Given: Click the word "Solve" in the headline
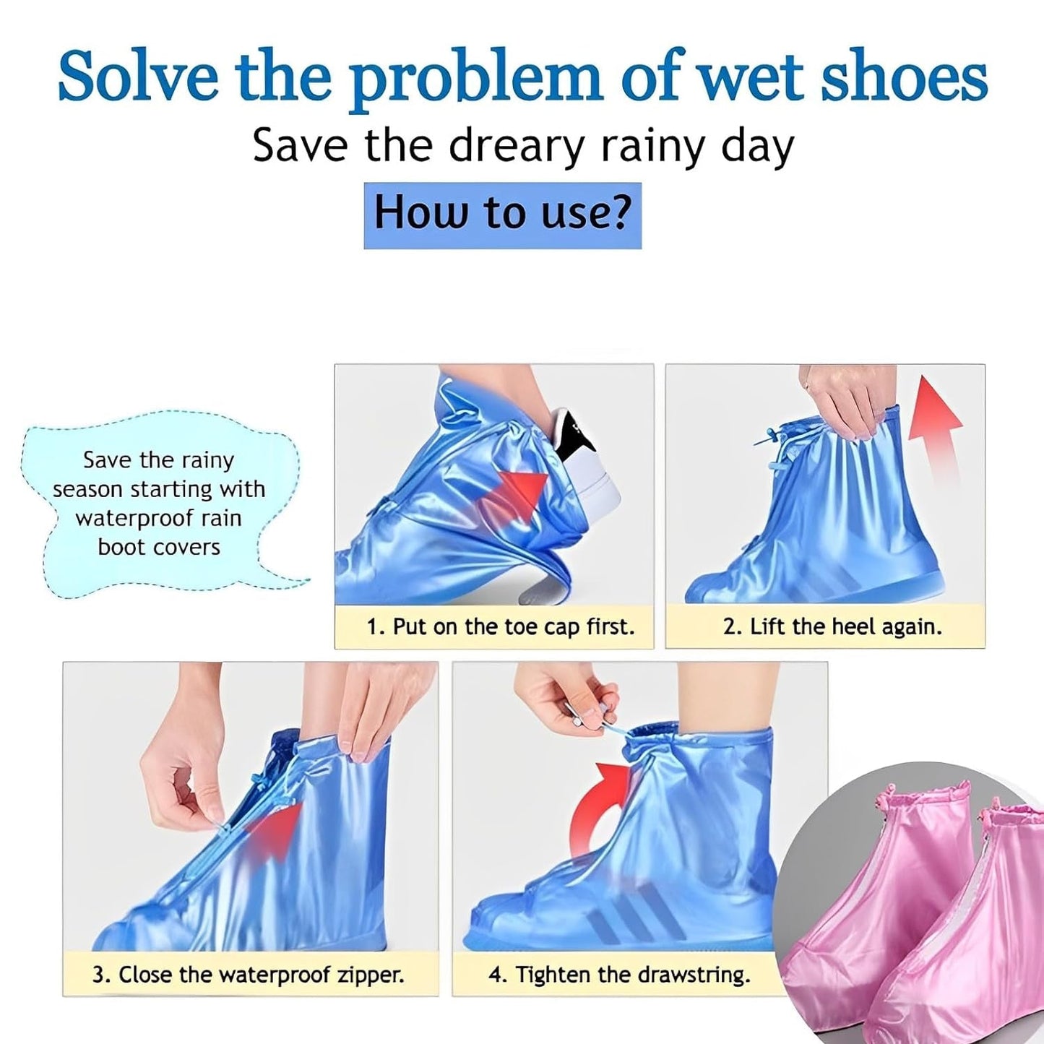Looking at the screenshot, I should coord(137,77).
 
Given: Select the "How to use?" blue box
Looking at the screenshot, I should coord(502,215).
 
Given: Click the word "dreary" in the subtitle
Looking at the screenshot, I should coord(515,146).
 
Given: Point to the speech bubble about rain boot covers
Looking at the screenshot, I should coord(159,504).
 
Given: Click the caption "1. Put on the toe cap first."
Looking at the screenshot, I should coord(500,626).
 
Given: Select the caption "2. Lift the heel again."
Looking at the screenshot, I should coord(832,626).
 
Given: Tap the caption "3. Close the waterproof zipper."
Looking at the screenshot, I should coord(248,975).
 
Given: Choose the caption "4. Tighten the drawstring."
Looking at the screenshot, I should coord(619,975).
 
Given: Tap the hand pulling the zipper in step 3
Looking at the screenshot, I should coord(181,780).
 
